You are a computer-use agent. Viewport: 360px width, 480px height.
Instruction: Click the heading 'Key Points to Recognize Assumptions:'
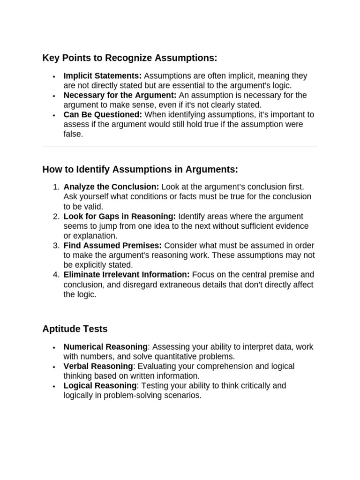click(130, 58)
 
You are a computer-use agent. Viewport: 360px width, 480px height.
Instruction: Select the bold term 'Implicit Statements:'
click(103, 76)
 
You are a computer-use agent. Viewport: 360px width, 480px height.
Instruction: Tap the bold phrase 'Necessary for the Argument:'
click(120, 95)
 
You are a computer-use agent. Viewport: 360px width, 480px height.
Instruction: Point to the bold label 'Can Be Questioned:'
click(103, 114)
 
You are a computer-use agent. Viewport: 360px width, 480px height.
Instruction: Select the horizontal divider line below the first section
click(180, 146)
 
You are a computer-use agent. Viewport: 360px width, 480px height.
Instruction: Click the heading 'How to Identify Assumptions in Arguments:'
click(140, 169)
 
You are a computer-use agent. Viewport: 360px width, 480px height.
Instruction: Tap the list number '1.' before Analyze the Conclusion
click(56, 187)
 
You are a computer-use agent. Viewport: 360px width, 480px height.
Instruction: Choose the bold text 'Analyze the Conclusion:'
click(112, 187)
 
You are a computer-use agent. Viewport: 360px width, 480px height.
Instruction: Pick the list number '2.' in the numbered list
click(56, 216)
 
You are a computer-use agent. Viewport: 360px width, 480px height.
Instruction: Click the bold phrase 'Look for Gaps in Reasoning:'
click(120, 216)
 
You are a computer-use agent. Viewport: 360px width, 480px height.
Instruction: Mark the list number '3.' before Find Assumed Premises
click(56, 246)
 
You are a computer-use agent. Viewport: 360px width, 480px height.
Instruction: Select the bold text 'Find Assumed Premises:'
click(112, 246)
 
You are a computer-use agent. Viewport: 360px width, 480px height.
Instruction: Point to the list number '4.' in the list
click(56, 275)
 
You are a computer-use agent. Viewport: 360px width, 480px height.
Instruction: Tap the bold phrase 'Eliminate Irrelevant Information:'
click(127, 275)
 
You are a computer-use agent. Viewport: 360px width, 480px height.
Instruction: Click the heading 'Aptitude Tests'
click(75, 329)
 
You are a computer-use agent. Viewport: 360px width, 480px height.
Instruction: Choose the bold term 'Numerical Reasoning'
click(105, 347)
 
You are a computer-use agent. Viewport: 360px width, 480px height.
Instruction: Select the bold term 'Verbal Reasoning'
click(98, 366)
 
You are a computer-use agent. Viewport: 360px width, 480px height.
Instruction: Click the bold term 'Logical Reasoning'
click(100, 386)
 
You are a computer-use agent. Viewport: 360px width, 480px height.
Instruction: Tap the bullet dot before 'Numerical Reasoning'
click(54, 348)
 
